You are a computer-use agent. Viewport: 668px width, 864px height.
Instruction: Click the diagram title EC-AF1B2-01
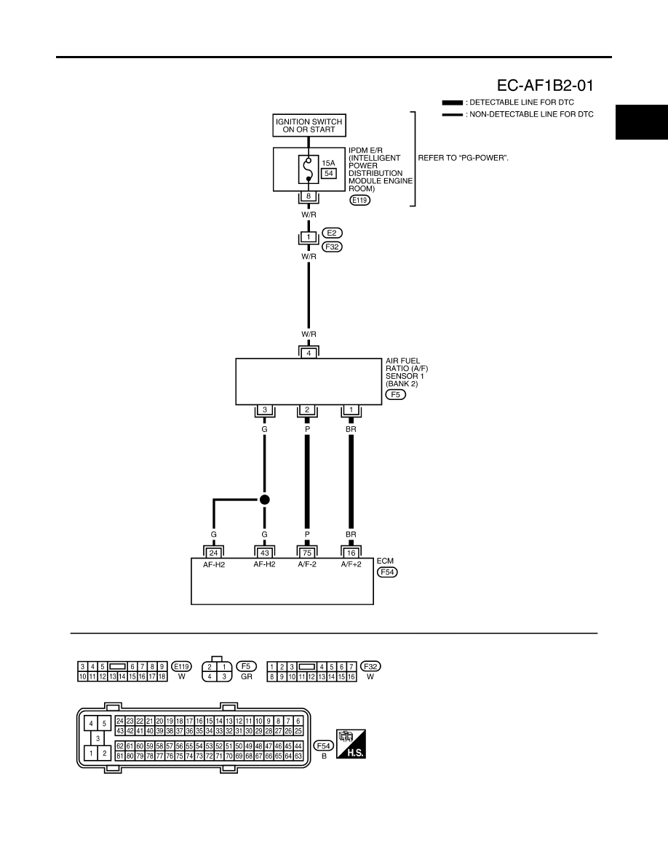545,85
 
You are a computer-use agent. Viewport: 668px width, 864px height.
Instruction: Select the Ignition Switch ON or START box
309,126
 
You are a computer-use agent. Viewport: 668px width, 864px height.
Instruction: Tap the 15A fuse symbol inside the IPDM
309,169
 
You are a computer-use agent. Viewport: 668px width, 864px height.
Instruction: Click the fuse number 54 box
329,174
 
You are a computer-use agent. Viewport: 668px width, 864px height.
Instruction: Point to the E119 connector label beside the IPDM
360,200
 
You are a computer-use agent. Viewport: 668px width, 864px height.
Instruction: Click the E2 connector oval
332,233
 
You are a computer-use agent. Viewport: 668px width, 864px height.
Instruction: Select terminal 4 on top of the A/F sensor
309,353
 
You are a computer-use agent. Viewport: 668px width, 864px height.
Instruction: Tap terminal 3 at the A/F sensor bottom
265,410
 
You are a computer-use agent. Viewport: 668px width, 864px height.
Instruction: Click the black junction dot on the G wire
265,500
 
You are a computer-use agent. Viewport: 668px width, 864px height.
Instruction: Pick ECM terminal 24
214,553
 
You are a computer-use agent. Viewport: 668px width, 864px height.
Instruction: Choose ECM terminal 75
307,553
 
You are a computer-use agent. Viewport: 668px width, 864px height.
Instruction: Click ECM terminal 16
351,553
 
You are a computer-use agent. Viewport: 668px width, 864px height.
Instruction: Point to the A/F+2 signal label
351,564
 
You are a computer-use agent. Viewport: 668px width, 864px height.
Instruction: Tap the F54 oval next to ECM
387,572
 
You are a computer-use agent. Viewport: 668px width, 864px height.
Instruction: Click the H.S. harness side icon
351,744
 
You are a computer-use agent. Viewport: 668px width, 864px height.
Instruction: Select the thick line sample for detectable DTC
453,103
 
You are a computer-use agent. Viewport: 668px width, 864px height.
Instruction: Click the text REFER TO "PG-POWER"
463,158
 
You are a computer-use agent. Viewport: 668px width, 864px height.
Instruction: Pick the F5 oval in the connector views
246,666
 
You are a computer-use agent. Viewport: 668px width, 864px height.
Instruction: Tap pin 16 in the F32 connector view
351,676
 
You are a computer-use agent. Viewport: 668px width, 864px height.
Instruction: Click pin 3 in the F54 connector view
98,737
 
